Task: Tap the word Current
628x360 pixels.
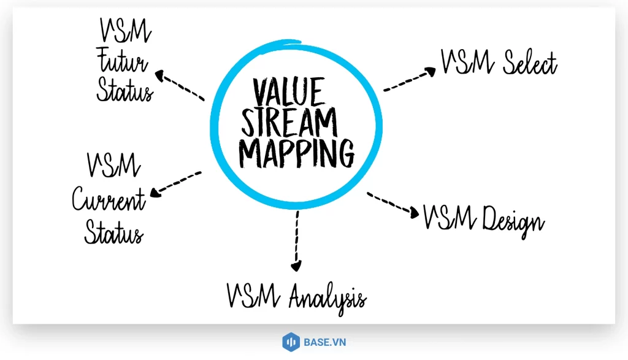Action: click(x=109, y=200)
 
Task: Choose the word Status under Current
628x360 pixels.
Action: click(x=114, y=232)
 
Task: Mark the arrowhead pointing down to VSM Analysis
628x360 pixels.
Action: click(x=296, y=266)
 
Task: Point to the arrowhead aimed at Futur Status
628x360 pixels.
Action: click(x=161, y=76)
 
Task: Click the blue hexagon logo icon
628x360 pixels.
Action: click(x=289, y=342)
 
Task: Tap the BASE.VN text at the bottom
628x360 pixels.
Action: click(x=324, y=342)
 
